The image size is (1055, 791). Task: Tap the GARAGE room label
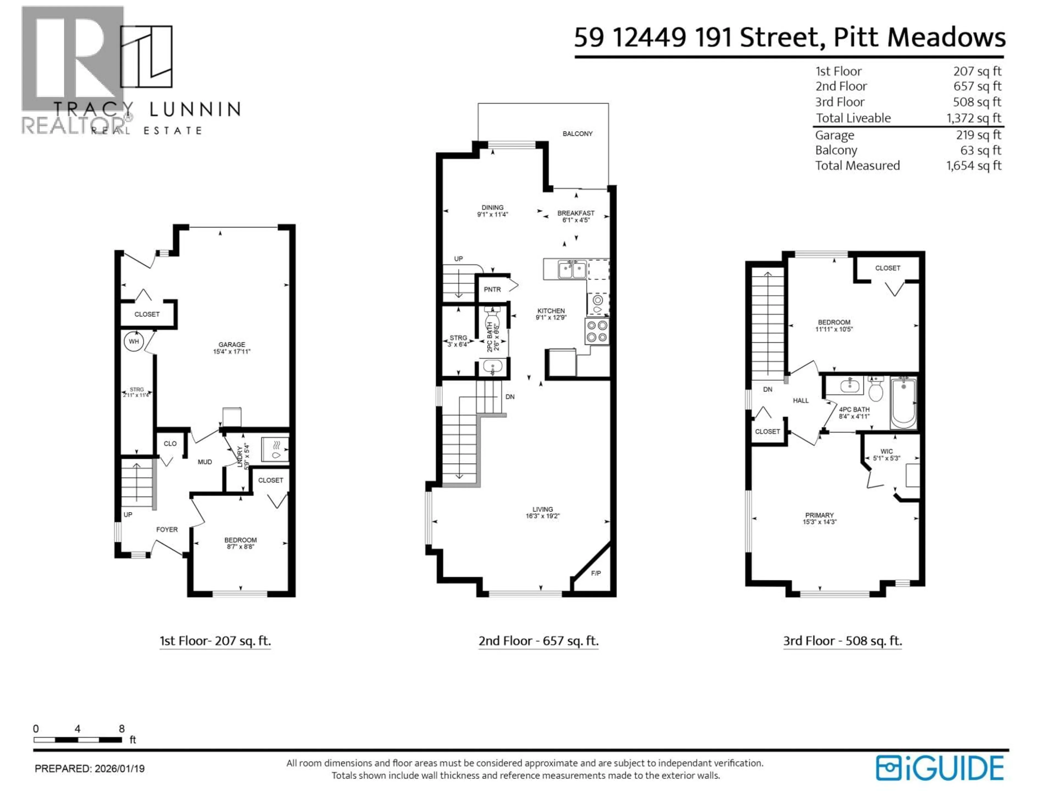(232, 344)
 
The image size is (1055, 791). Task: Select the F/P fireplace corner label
(596, 573)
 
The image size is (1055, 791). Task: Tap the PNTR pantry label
(492, 289)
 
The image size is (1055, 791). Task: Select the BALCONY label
(577, 133)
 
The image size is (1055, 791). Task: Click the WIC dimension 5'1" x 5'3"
(886, 458)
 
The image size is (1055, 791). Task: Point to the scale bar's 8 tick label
(122, 729)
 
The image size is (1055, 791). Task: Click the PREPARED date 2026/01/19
(119, 768)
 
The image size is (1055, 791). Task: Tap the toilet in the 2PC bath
(492, 316)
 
